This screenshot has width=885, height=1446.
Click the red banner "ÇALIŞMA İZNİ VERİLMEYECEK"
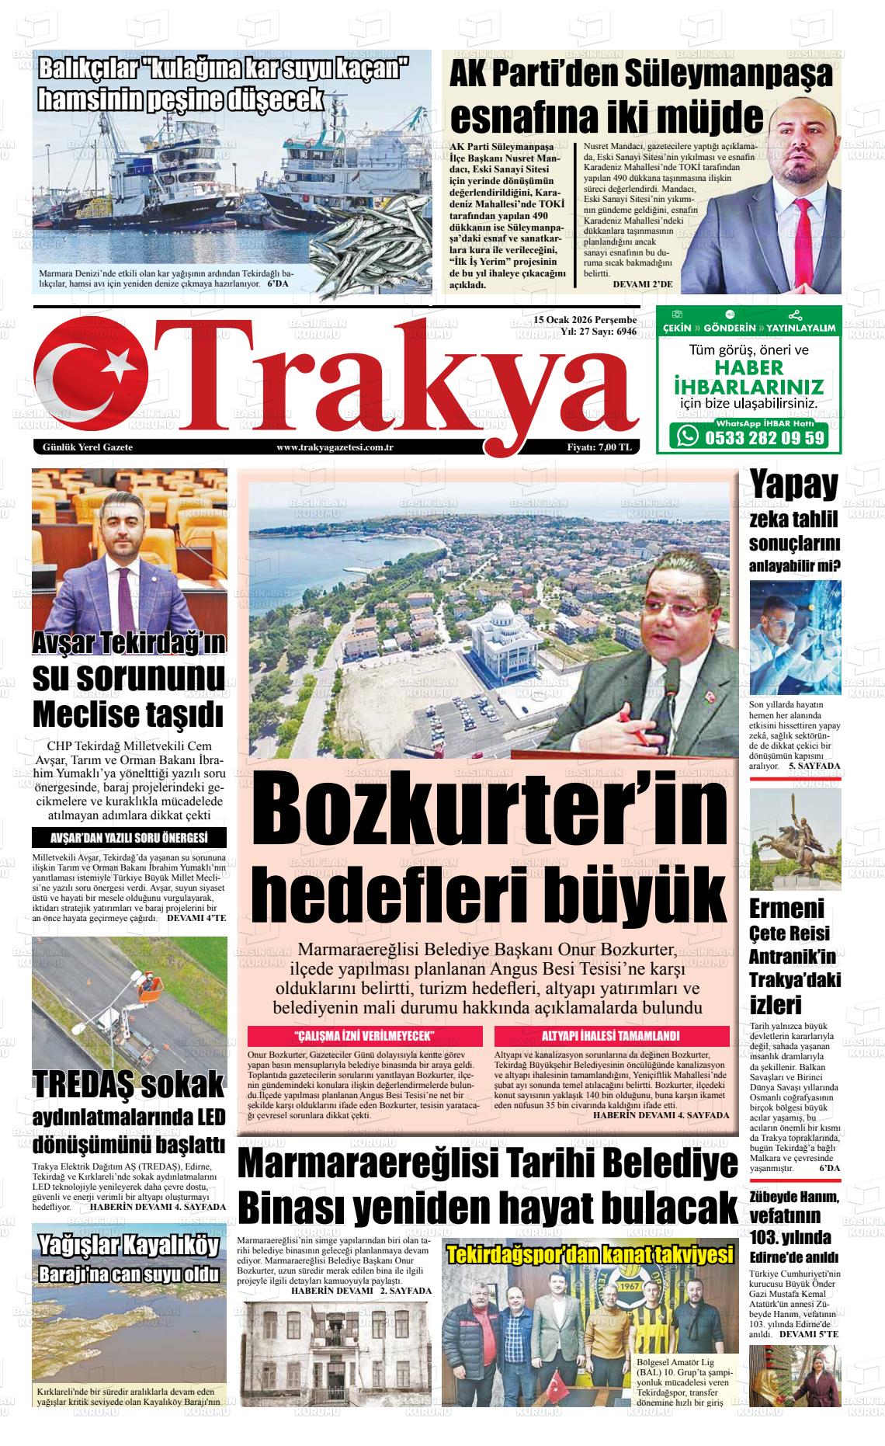pos(363,1036)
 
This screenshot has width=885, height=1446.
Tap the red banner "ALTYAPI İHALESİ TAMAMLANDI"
pos(610,1036)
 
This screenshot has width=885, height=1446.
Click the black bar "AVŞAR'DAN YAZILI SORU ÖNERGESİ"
pos(129,838)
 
